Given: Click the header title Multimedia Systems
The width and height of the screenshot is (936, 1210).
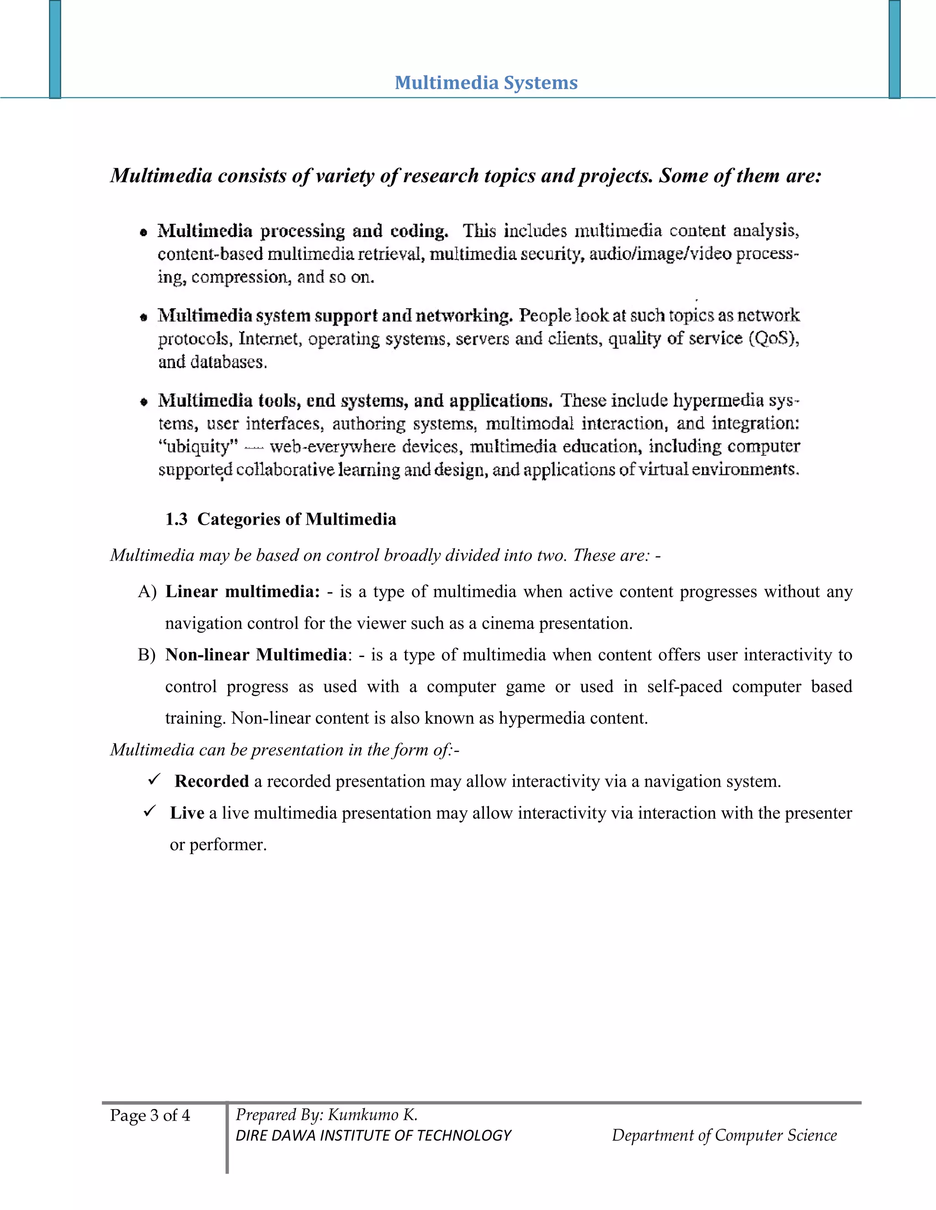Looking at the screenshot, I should [486, 83].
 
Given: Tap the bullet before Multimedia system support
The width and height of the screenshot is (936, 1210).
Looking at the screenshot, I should [144, 317].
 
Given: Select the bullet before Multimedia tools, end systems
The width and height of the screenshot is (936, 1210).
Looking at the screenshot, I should [144, 402].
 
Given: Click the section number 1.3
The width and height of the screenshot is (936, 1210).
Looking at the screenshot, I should [176, 519].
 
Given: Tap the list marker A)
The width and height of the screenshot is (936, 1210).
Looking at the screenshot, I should [147, 592].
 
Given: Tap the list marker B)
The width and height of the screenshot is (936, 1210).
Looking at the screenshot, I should [147, 655].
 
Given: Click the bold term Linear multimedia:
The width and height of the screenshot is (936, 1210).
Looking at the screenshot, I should [242, 592].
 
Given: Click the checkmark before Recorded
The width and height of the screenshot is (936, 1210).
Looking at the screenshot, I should [154, 780].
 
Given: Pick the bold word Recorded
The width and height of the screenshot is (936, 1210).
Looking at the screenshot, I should [211, 781].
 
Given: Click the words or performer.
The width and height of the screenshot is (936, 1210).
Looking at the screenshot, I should [218, 844].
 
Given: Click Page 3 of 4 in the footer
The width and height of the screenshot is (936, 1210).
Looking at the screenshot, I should [150, 1115].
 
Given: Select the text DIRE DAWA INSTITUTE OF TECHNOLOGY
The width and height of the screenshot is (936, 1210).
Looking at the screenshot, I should [373, 1136].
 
